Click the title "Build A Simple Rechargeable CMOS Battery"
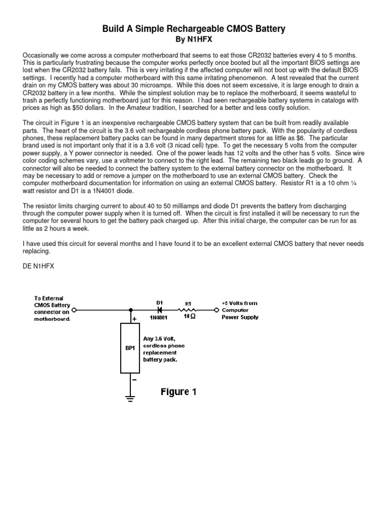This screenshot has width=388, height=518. click(194, 29)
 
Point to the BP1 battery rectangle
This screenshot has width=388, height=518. click(130, 349)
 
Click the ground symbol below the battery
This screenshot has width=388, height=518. click(130, 400)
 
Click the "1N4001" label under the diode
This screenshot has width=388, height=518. click(160, 318)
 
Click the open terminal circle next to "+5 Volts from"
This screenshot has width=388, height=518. click(217, 310)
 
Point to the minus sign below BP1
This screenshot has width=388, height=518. click(135, 378)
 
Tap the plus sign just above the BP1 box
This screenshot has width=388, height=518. click(135, 319)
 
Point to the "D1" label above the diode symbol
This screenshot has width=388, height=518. click(159, 303)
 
